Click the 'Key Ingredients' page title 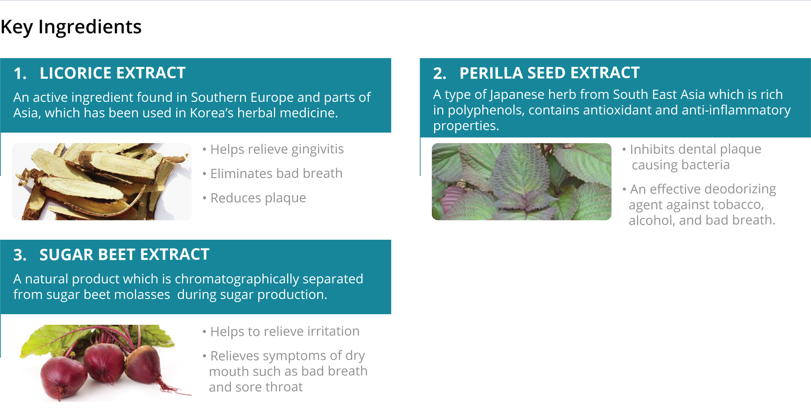tap(71, 27)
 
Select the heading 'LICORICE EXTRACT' tap(113, 73)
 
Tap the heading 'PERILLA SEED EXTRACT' tap(549, 73)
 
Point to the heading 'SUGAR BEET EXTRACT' tap(124, 255)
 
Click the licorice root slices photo tap(102, 181)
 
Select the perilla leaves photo tap(521, 181)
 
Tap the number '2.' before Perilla tap(440, 73)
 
